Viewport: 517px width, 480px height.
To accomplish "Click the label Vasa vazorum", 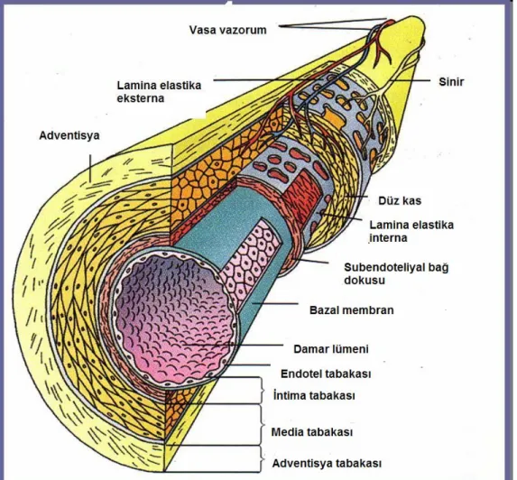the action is [228, 30].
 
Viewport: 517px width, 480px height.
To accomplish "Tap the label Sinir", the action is [451, 81].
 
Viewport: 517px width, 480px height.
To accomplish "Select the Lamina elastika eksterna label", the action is [159, 92].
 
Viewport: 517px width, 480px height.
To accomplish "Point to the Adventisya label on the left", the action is [69, 135].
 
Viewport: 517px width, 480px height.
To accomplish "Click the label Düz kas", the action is [400, 200].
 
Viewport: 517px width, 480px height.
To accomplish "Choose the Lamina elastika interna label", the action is [411, 231].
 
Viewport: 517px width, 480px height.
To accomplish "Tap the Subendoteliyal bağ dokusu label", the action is [396, 273].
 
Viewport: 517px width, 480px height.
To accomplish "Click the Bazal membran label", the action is [352, 310].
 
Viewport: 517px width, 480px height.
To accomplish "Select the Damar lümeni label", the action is [331, 349].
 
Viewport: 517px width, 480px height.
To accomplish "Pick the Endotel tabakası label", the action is [326, 374].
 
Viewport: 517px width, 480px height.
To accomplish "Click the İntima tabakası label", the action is [314, 395].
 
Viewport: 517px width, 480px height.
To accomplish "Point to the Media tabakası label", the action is [312, 432].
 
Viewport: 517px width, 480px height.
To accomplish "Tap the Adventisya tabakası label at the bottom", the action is [327, 464].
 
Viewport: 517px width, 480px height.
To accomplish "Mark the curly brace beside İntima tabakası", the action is [263, 391].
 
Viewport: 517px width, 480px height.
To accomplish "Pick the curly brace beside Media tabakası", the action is [263, 425].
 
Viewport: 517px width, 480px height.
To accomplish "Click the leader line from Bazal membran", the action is [275, 303].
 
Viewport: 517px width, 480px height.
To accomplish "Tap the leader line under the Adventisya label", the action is [89, 168].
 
